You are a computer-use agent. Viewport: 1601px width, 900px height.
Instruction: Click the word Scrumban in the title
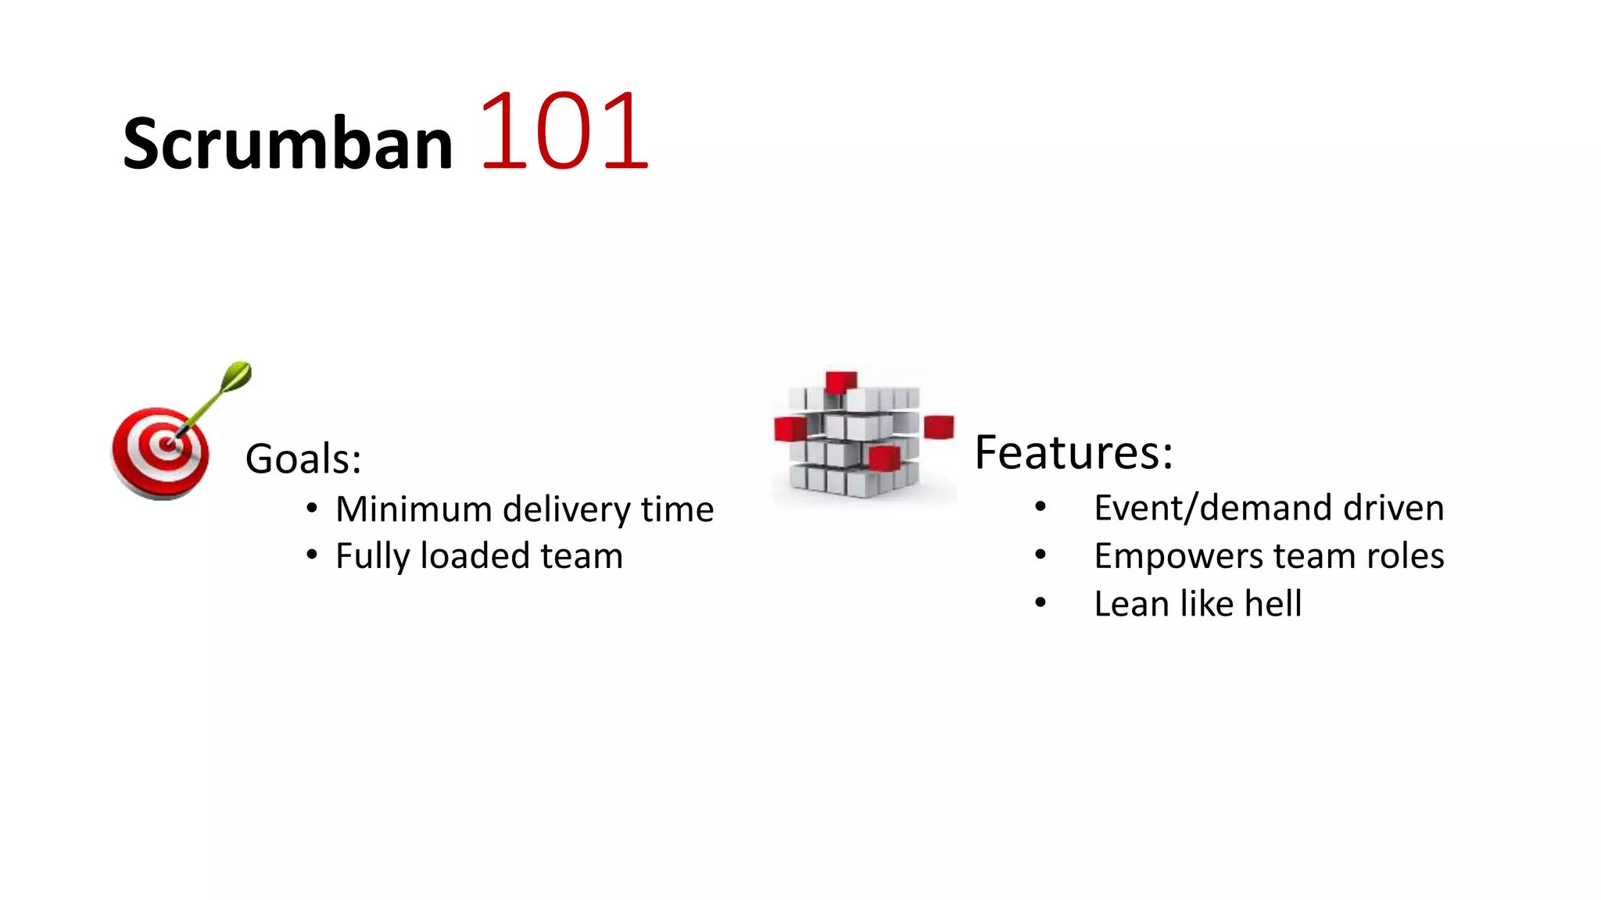(288, 142)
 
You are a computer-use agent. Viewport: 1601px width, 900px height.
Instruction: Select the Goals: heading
(303, 459)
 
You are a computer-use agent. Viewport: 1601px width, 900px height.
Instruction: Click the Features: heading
(1073, 452)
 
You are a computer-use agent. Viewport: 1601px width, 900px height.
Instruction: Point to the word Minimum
(414, 509)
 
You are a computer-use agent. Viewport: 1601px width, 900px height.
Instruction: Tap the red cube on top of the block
(841, 382)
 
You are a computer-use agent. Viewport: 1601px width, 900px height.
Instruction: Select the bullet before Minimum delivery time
(312, 509)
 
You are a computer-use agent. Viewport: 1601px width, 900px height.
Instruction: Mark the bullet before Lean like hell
(1040, 602)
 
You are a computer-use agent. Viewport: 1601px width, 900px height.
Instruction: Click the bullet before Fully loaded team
(312, 555)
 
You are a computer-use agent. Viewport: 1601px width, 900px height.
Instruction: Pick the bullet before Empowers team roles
(1040, 555)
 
